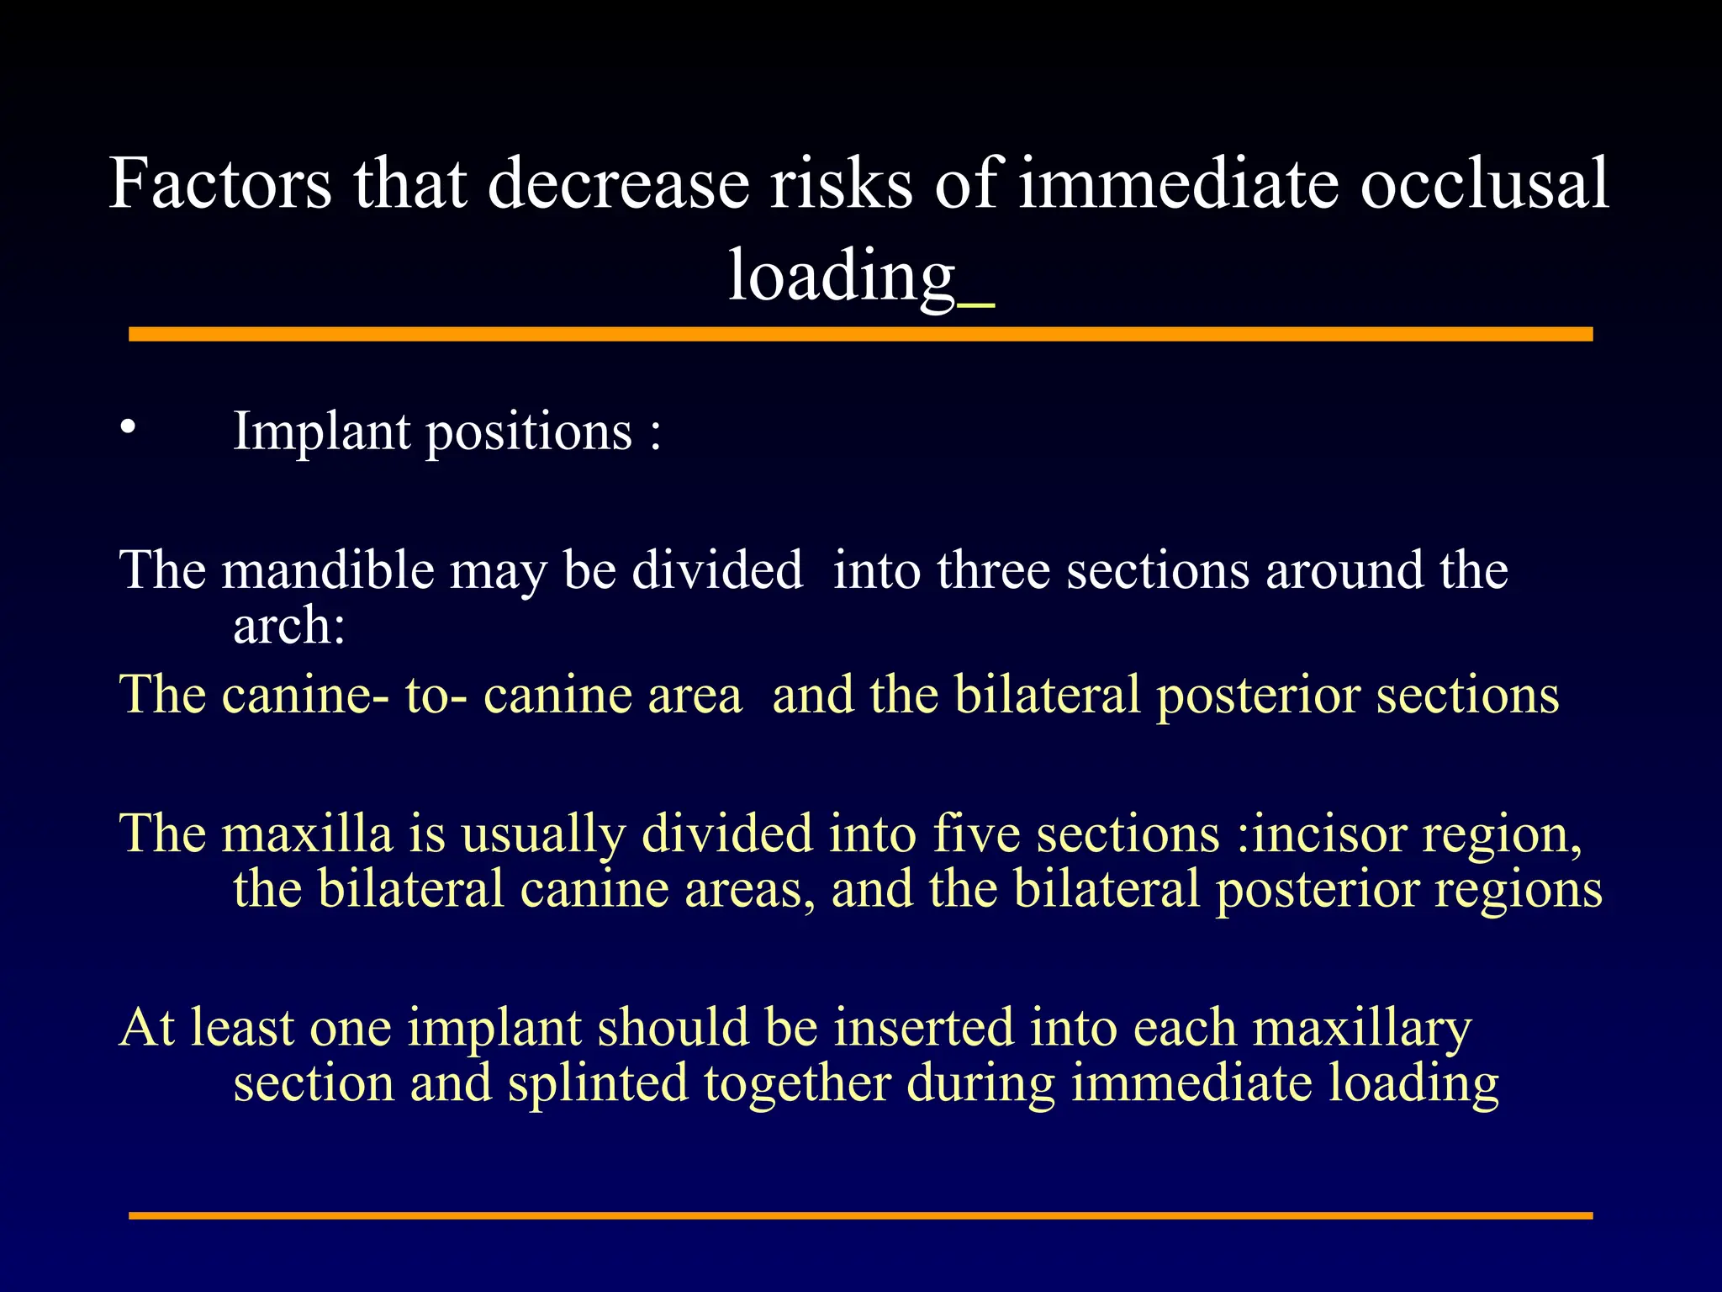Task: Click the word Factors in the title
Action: click(x=220, y=184)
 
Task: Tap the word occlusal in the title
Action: click(x=1484, y=184)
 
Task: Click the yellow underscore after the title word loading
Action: click(x=976, y=305)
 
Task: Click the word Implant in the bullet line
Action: click(x=321, y=432)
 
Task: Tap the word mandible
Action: click(x=328, y=571)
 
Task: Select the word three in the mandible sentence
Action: click(x=993, y=571)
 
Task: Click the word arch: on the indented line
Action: click(x=289, y=627)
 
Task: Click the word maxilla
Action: click(x=307, y=835)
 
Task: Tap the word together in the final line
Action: click(x=797, y=1084)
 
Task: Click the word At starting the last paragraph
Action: click(x=146, y=1028)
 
